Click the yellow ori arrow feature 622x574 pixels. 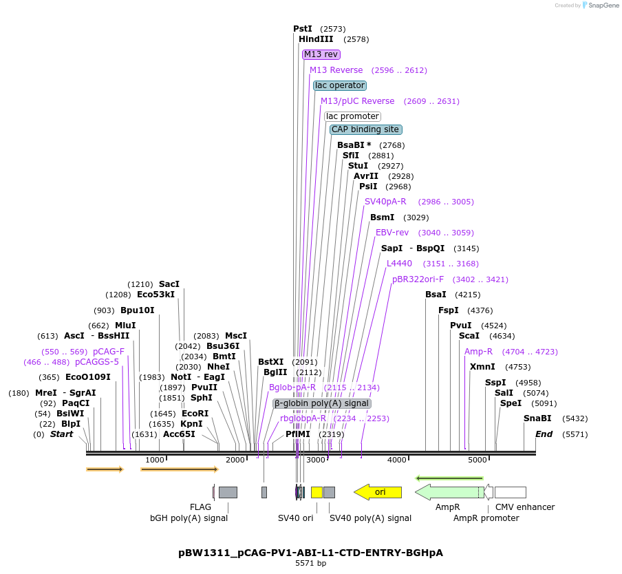378,492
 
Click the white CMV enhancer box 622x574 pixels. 510,492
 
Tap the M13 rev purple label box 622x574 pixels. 321,54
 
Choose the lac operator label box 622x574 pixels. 340,85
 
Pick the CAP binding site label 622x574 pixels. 365,129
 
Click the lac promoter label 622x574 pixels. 352,116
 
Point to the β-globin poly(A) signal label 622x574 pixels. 322,403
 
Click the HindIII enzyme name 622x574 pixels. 316,39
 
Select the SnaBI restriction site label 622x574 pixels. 537,418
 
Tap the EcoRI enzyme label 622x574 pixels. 195,414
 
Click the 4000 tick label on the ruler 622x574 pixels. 397,460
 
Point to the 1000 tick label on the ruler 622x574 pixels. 155,460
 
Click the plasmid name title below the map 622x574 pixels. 310,553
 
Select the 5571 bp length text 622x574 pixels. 310,563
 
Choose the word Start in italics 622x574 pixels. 61,434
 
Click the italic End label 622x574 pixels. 544,434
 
